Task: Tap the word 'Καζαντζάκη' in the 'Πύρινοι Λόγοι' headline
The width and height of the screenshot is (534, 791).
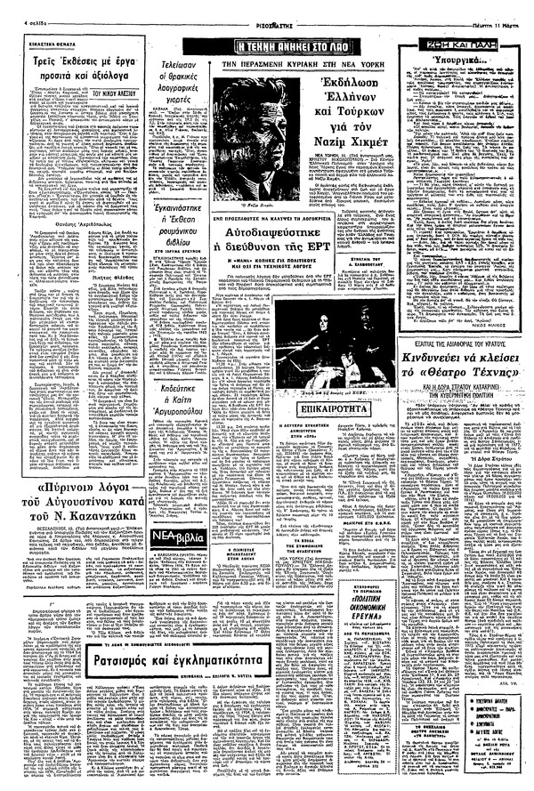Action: click(x=109, y=515)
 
